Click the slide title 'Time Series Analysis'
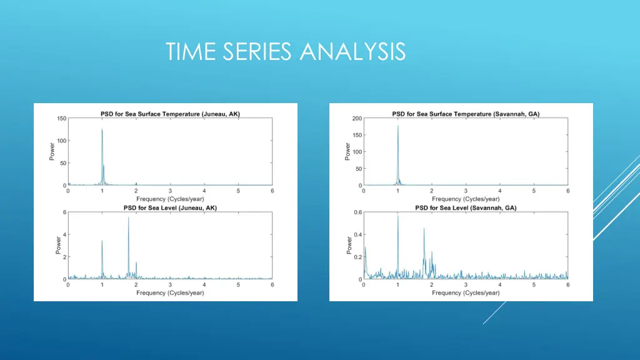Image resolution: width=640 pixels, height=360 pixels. click(286, 51)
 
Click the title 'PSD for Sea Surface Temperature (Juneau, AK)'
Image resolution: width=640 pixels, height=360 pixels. click(170, 114)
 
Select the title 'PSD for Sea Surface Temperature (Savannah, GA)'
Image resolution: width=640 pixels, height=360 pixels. click(466, 114)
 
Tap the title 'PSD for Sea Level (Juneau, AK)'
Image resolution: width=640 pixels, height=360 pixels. click(170, 207)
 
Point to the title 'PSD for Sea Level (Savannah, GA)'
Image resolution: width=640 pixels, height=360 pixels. click(466, 207)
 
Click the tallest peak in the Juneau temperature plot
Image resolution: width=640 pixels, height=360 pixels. click(102, 130)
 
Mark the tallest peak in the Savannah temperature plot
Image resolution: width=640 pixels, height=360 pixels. click(397, 126)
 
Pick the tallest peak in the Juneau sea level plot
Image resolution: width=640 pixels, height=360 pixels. click(129, 217)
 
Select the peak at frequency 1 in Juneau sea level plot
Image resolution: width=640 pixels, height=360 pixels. click(102, 241)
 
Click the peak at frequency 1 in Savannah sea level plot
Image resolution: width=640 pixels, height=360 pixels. click(397, 216)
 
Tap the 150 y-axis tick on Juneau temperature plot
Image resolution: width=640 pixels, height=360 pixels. click(61, 118)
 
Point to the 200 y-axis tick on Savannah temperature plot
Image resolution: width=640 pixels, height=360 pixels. click(357, 118)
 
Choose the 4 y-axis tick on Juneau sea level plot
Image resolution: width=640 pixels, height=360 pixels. click(63, 234)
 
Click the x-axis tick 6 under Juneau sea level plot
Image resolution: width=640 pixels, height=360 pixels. click(272, 284)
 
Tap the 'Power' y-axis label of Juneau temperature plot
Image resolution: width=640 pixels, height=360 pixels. click(52, 152)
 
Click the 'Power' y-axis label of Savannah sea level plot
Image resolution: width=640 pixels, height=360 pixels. click(348, 245)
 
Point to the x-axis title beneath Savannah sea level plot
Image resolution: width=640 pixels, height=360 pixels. click(466, 292)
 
